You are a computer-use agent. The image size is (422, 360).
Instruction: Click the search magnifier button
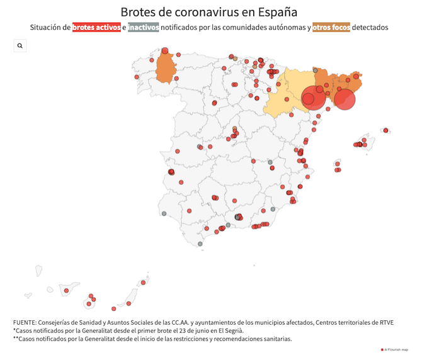tap(20, 46)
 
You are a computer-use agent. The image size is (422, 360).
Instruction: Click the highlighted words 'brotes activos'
tap(96, 28)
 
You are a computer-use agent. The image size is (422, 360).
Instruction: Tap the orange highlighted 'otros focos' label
tap(331, 28)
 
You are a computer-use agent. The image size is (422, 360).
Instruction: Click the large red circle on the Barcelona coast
tap(345, 99)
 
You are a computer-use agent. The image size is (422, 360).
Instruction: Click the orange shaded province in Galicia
tap(165, 69)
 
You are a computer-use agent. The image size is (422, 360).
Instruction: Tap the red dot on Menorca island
tap(385, 130)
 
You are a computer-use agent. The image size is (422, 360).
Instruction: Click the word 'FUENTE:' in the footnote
tap(25, 322)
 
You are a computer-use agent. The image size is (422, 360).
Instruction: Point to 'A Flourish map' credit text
tap(396, 349)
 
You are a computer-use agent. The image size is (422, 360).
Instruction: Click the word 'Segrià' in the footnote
tap(231, 330)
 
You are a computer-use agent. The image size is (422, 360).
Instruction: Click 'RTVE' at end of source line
tap(384, 322)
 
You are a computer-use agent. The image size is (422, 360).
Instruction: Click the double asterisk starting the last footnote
tap(16, 339)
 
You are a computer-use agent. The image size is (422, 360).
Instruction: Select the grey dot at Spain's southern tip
tap(200, 244)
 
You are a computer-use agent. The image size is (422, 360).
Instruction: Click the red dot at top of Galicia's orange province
tap(165, 51)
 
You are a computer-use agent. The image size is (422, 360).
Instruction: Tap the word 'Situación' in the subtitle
tap(48, 28)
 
